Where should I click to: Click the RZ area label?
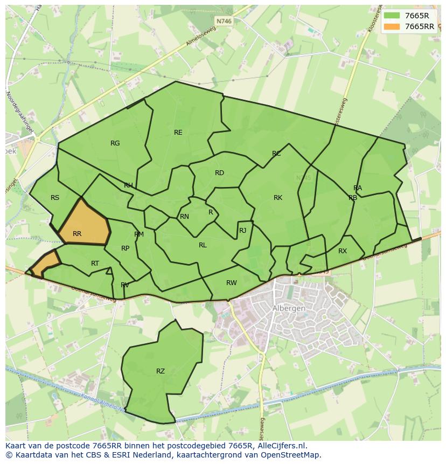click(x=161, y=371)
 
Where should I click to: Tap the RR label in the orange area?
click(x=77, y=234)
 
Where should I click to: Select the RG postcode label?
click(x=115, y=143)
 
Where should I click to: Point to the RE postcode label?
click(x=178, y=133)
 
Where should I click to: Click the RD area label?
click(x=219, y=173)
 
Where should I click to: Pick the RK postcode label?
click(x=278, y=198)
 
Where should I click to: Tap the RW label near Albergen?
click(x=232, y=283)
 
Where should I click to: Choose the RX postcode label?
click(x=343, y=251)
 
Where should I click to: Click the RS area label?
click(x=55, y=198)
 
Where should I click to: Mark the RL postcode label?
click(x=203, y=245)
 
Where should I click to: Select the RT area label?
click(x=95, y=264)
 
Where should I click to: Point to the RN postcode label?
click(x=184, y=217)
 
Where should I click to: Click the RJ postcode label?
click(x=242, y=231)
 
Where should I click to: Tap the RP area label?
click(x=125, y=248)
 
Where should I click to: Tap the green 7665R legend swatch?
click(x=392, y=16)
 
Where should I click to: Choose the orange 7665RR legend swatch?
click(x=392, y=26)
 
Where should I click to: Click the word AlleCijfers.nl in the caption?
click(x=280, y=446)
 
